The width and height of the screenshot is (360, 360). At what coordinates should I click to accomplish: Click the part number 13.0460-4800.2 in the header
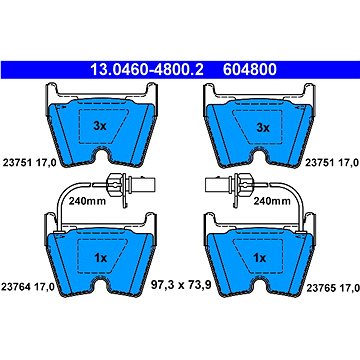point(146,70)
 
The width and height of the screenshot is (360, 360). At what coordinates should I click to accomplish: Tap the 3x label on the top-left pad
point(99,126)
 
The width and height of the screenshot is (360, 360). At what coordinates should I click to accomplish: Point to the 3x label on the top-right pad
point(262,127)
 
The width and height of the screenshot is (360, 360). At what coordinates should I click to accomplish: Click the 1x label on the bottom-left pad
point(100,258)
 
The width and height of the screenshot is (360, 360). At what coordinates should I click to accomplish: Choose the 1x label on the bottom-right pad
point(259,258)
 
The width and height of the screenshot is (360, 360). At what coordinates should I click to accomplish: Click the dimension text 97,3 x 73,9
point(181,285)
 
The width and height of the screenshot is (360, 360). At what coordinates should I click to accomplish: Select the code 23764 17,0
point(28,287)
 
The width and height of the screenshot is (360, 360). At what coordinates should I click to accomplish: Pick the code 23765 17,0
point(332,287)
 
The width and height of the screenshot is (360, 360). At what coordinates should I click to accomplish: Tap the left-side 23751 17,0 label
point(28,163)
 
